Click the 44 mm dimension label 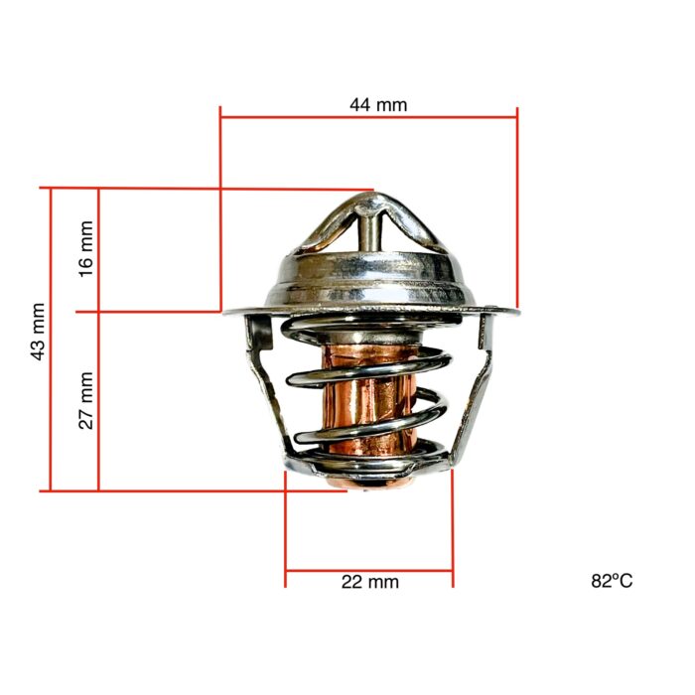378,104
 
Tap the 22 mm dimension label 369,582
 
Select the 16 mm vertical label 86,248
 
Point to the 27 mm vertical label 86,400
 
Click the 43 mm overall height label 39,332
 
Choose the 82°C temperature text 611,581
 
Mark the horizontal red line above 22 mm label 369,571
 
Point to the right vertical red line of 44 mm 517,208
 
